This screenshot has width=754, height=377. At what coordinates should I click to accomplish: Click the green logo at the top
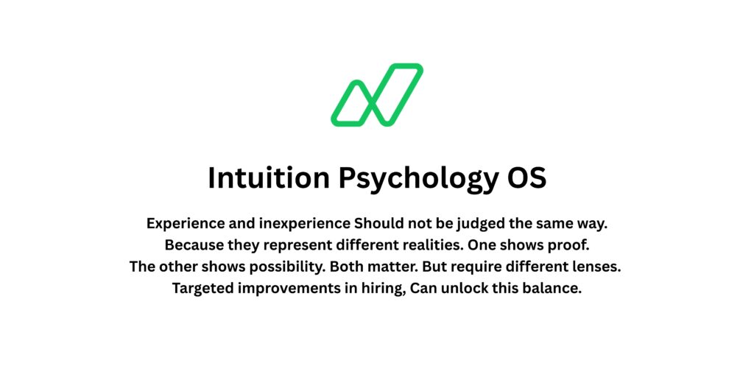pyautogui.click(x=376, y=95)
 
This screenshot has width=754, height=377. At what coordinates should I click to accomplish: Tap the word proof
pyautogui.click(x=570, y=245)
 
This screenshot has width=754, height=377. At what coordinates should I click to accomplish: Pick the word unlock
pyautogui.click(x=462, y=288)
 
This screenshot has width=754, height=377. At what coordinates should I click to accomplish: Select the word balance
pyautogui.click(x=554, y=288)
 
